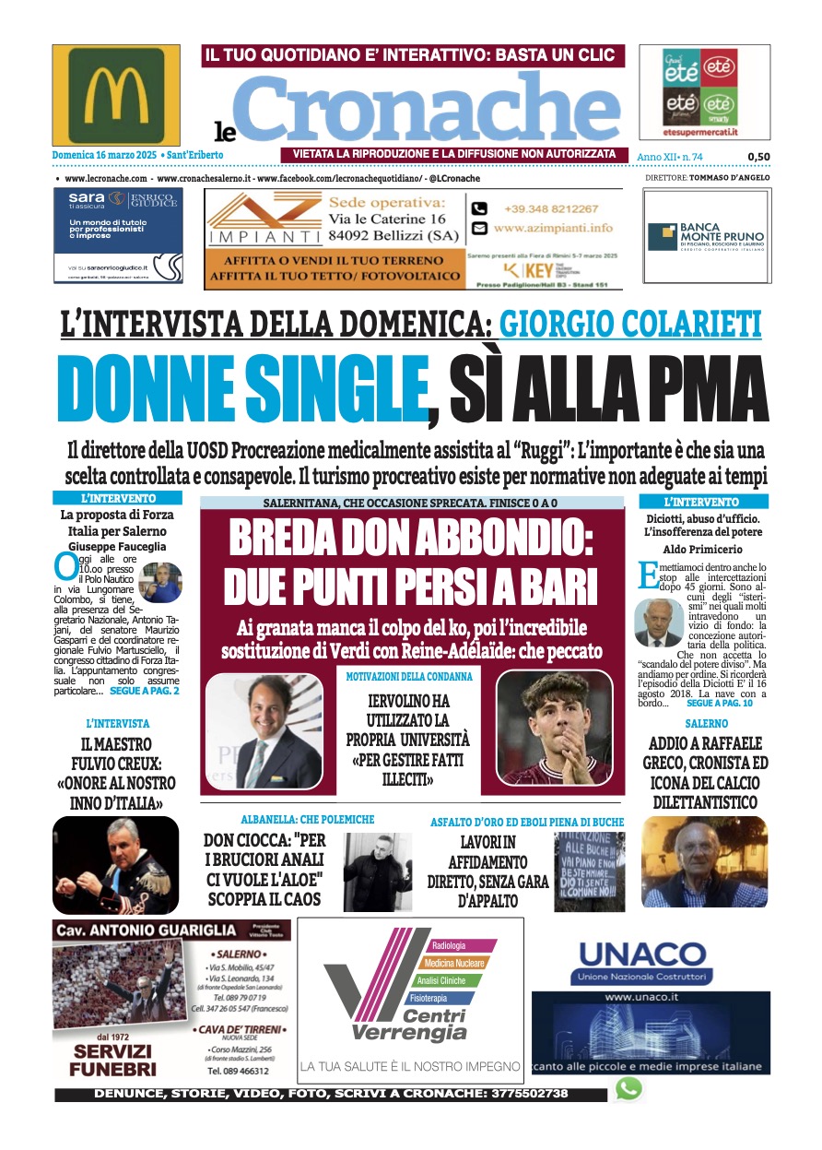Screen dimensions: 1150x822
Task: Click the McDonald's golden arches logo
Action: (x=116, y=95)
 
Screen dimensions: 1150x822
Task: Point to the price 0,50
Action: (x=758, y=157)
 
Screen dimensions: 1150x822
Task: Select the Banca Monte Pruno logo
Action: (x=705, y=236)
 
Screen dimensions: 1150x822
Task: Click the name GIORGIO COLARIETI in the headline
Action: (x=630, y=325)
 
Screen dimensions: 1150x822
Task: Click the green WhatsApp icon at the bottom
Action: (x=628, y=1089)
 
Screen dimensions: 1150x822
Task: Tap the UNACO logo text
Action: (x=641, y=952)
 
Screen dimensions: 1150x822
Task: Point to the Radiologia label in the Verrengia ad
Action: (x=450, y=945)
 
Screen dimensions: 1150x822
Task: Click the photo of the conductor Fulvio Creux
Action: (x=116, y=865)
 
